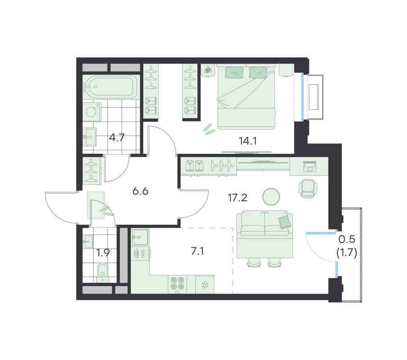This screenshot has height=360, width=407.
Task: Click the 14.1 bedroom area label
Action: pos(248,141)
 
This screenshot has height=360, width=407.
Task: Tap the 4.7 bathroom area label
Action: pos(117,137)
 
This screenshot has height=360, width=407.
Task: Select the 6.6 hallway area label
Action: pos(140,191)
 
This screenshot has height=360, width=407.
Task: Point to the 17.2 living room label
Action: pos(238,198)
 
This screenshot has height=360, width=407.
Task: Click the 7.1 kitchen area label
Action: pos(197,251)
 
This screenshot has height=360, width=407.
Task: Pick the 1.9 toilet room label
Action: pos(103,253)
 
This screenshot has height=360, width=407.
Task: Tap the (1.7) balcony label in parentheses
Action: pos(347,252)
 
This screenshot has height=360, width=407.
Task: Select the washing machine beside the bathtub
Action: pos(92,112)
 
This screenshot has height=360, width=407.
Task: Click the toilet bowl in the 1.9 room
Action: pos(103,273)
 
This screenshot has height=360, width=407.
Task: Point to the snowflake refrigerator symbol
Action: pos(205,285)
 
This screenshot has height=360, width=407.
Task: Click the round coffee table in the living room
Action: pos(271,196)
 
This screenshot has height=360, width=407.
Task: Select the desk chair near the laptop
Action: pos(308,188)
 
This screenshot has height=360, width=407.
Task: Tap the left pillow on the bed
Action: pos(235,72)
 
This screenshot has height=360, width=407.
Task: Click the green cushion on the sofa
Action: pos(284,222)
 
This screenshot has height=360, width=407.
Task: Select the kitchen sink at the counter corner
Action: pos(140,237)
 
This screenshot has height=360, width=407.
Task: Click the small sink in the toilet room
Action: pos(88,242)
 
